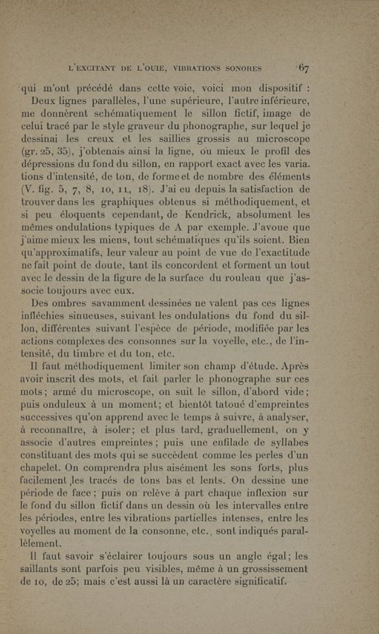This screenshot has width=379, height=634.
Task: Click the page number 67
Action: point(305,68)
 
